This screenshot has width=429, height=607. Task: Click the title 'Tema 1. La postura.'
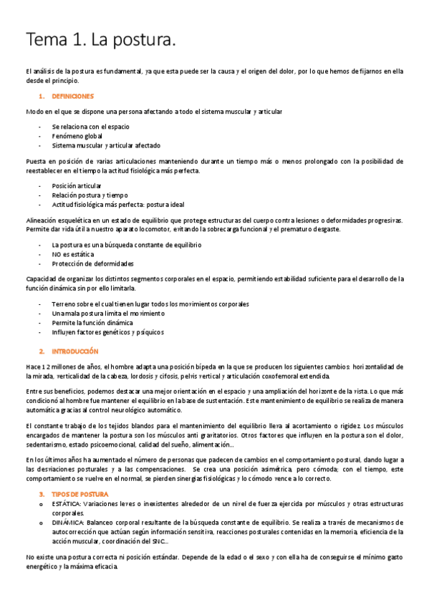100,41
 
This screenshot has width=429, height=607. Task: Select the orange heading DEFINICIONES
73,96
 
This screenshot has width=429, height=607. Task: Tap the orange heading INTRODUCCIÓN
74,351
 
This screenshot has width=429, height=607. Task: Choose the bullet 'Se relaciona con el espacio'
90,126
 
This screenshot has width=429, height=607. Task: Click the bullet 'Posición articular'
77,185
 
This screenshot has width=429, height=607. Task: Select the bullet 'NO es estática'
72,254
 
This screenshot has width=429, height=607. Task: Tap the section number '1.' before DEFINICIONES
42,96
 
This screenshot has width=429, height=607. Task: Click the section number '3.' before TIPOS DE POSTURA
42,474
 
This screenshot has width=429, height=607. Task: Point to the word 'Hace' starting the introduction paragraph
32,366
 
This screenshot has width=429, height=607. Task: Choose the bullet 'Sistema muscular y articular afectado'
106,145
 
